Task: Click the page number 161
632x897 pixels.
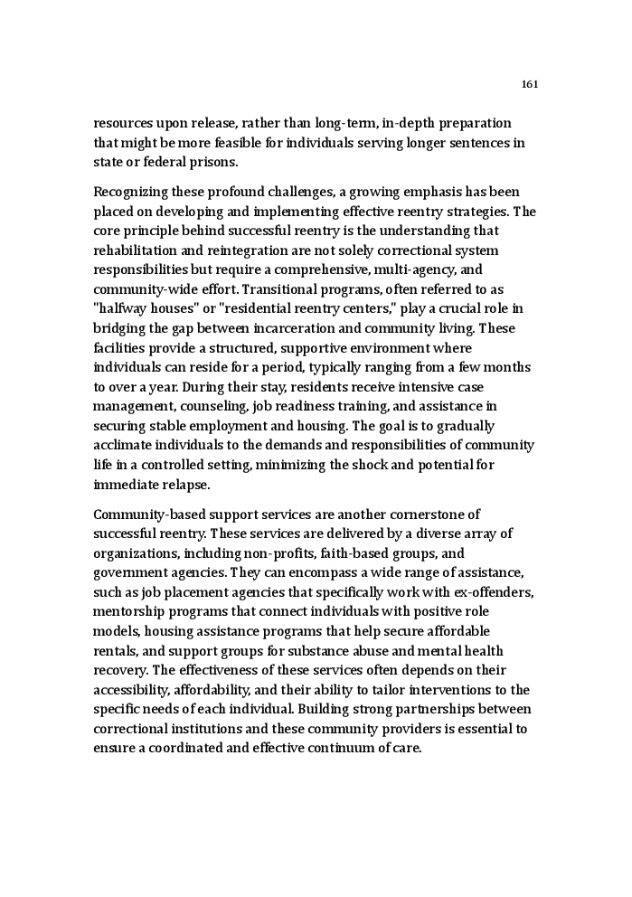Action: click(530, 84)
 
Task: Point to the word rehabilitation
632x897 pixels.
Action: click(137, 250)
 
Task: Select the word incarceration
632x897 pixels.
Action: click(302, 328)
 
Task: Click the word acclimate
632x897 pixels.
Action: click(124, 446)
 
